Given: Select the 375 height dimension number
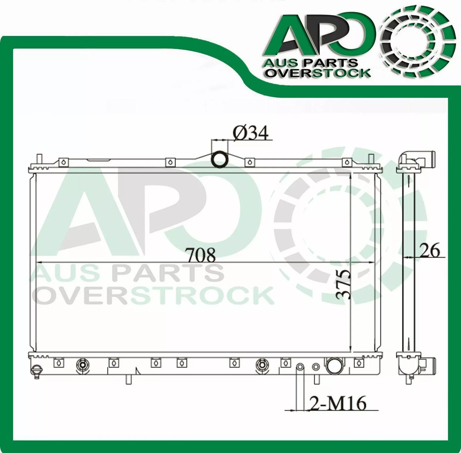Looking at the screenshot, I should (x=343, y=284).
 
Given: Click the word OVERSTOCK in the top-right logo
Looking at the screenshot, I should (x=318, y=73).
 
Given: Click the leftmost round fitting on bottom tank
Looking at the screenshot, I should (x=82, y=364).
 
